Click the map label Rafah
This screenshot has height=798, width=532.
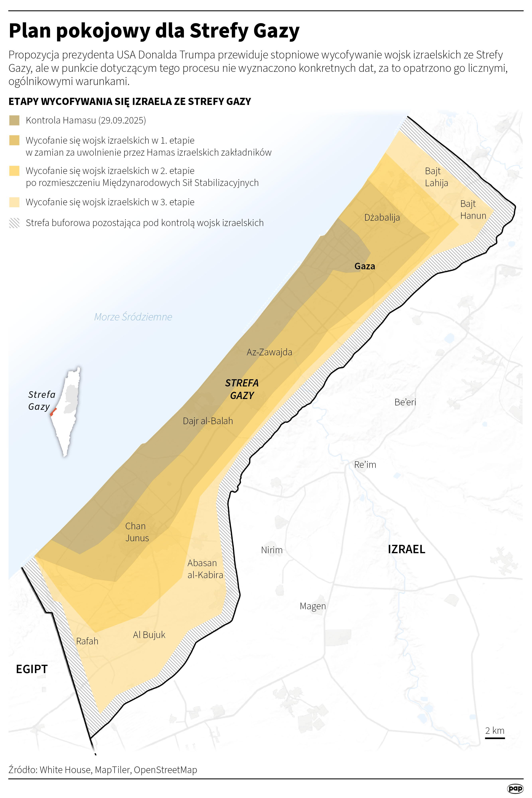(x=87, y=641)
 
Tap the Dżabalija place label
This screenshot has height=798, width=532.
(x=382, y=217)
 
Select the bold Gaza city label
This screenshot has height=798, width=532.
(x=365, y=266)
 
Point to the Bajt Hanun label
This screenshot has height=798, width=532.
(x=473, y=210)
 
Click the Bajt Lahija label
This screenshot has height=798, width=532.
(x=436, y=177)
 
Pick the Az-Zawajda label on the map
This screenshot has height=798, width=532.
(x=269, y=352)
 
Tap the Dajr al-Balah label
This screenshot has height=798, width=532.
(x=208, y=421)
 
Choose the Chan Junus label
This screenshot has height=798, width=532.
(x=137, y=532)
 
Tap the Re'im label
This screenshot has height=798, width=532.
(x=365, y=464)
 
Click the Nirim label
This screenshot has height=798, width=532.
(x=272, y=550)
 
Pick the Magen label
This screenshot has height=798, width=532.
(x=313, y=606)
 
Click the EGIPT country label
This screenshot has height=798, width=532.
(x=32, y=669)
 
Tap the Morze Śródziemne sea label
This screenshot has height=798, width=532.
(x=133, y=317)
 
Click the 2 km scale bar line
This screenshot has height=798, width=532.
(x=495, y=738)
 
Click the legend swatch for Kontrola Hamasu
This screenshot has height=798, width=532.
(x=14, y=120)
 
